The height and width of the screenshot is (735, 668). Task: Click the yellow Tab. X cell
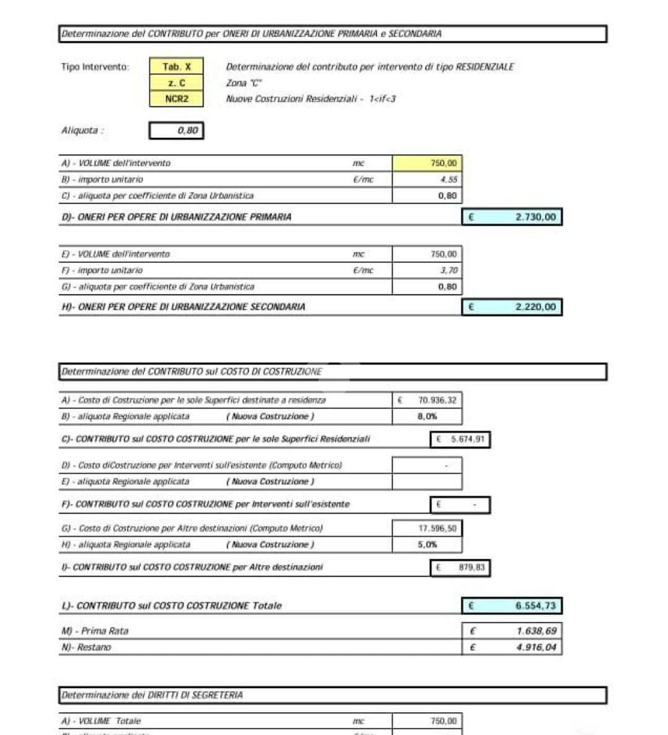point(176,67)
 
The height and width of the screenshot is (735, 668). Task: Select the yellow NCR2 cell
point(176,99)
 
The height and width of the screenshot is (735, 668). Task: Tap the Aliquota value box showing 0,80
point(176,131)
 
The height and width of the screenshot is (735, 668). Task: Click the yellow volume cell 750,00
point(427,163)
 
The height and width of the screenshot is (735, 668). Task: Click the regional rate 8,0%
point(427,416)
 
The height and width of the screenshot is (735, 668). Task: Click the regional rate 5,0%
point(427,544)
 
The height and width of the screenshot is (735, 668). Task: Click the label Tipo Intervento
point(95,67)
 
